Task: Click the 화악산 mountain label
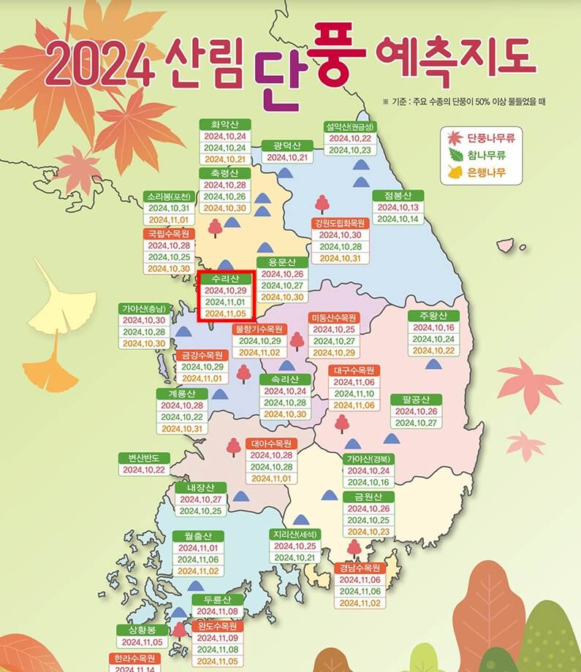tap(225, 123)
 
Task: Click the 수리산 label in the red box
tap(225, 278)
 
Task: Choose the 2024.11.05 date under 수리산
tap(225, 314)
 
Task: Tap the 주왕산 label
tap(433, 316)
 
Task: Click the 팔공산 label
tap(416, 399)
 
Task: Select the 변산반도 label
tap(144, 457)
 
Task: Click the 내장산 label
tap(198, 487)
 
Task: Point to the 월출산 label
tap(198, 535)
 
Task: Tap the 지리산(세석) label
tap(295, 534)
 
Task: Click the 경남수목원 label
tap(360, 568)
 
